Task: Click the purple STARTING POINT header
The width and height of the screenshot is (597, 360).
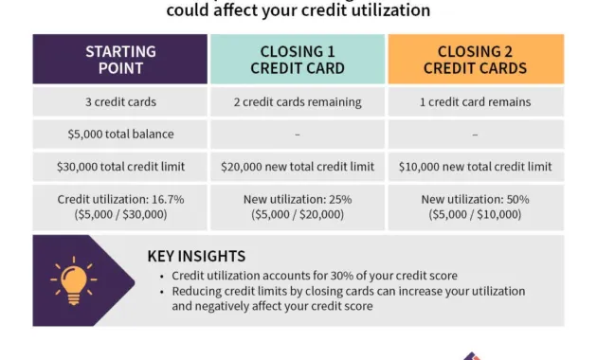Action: pos(119,59)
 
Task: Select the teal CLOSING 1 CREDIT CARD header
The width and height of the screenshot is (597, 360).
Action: pos(298,59)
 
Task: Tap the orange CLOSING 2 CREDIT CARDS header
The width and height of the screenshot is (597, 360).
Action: pos(475,59)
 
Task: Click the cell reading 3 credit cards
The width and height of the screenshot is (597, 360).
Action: pos(119,101)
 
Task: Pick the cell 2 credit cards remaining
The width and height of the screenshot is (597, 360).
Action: pos(298,101)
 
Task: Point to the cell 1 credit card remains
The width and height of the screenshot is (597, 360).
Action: pos(475,101)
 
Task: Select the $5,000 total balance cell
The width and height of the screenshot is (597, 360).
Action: pos(119,134)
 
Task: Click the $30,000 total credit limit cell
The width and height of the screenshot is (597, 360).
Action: pos(119,167)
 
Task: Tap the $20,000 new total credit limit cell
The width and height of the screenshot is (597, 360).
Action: pos(298,167)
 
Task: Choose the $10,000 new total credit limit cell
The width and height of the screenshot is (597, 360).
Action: pos(475,167)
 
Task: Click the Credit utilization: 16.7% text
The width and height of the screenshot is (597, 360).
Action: pos(119,200)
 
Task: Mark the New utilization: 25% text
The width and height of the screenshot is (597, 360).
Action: pos(298,200)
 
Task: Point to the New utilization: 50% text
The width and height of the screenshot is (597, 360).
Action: pos(475,200)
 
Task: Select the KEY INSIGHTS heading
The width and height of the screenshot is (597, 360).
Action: pos(196,256)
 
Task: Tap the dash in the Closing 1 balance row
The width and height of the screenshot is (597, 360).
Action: pos(298,135)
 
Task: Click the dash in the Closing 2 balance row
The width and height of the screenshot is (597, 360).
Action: pos(475,135)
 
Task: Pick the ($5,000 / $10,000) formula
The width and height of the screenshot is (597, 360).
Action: pos(475,215)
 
